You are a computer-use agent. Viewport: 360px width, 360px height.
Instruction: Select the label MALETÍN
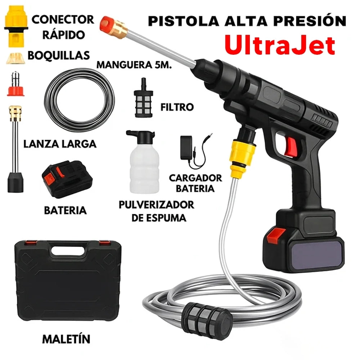pos(66,339)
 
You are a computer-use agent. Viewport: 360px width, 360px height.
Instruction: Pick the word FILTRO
pos(176,107)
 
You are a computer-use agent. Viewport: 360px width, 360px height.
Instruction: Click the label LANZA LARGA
pos(60,144)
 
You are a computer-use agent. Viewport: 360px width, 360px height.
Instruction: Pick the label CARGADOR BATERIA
pos(196,183)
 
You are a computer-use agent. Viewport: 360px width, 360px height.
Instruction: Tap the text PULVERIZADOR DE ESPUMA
pos(157,211)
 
